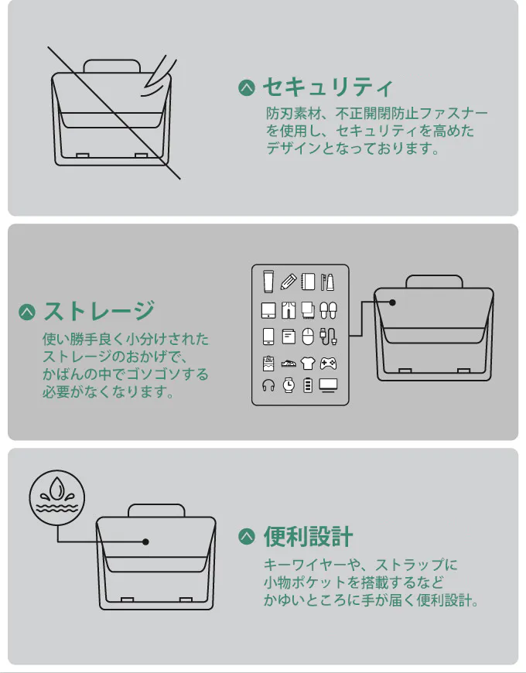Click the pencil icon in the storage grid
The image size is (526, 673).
pyautogui.click(x=289, y=282)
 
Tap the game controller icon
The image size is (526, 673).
pyautogui.click(x=328, y=364)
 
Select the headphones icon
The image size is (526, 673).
pyautogui.click(x=268, y=385)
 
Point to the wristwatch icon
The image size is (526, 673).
pyautogui.click(x=289, y=385)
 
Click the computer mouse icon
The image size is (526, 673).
pyautogui.click(x=308, y=336)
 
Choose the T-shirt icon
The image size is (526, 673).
pyautogui.click(x=308, y=364)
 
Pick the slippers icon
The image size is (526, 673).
pyautogui.click(x=328, y=310)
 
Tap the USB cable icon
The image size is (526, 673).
pyautogui.click(x=328, y=336)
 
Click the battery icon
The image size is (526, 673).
pyautogui.click(x=308, y=385)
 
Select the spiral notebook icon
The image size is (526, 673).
pyautogui.click(x=308, y=282)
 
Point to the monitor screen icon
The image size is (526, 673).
pyautogui.click(x=328, y=385)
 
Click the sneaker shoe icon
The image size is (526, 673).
pyautogui.click(x=289, y=364)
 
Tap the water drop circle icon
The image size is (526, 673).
pyautogui.click(x=57, y=497)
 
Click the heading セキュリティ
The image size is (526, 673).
pyautogui.click(x=327, y=87)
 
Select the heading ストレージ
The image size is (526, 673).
pyautogui.click(x=99, y=311)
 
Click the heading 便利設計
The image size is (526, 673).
pyautogui.click(x=308, y=537)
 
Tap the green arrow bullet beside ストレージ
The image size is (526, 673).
pyautogui.click(x=27, y=312)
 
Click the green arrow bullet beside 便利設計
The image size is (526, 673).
pyautogui.click(x=247, y=537)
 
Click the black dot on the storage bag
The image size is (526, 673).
pyautogui.click(x=392, y=302)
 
